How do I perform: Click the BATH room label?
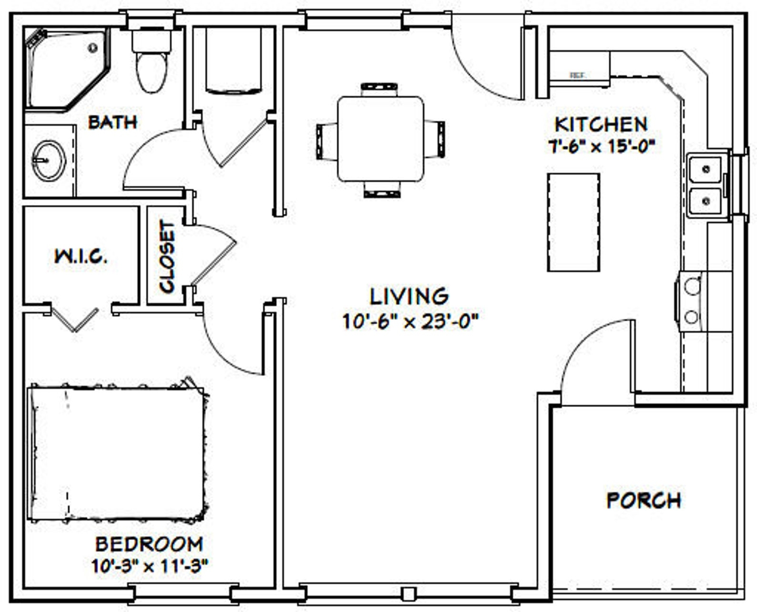tap(113, 122)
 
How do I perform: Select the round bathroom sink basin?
tap(49, 160)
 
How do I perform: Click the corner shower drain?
tap(93, 48)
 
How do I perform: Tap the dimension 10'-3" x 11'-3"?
tap(150, 566)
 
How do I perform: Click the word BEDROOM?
tap(149, 544)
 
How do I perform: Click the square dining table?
tap(380, 139)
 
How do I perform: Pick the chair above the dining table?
tap(379, 89)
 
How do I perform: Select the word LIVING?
tap(409, 296)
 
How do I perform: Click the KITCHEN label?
tap(601, 124)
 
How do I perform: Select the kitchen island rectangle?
tap(573, 222)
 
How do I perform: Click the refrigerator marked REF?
tap(579, 70)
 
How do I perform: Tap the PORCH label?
tap(644, 500)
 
